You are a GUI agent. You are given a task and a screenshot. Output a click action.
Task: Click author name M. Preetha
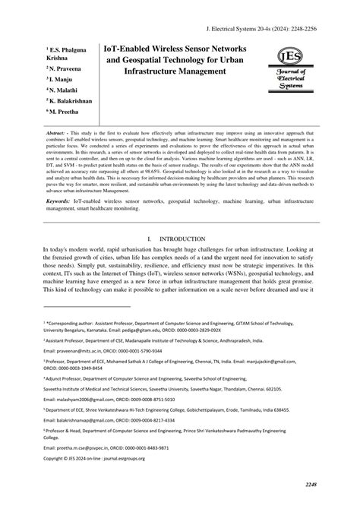(66, 109)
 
